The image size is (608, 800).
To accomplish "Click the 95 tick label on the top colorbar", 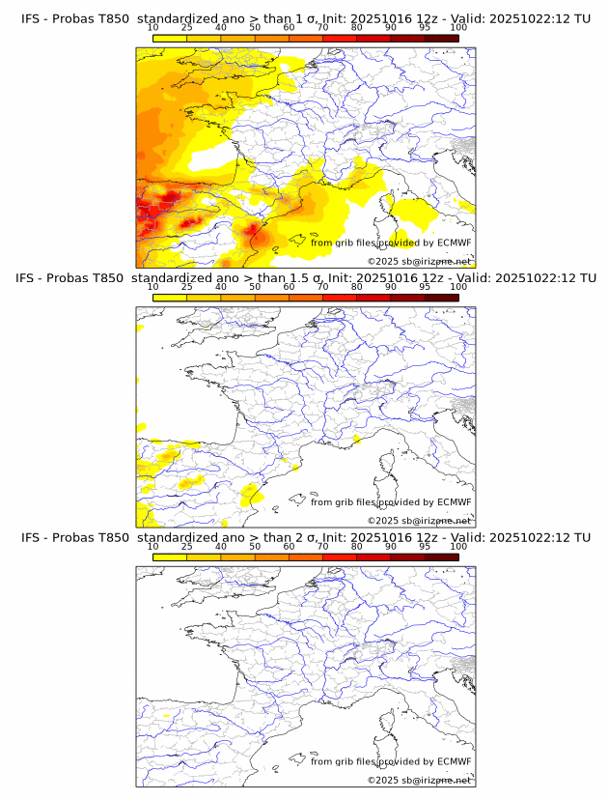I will click(x=425, y=27).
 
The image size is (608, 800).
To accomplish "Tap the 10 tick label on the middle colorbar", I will click(x=153, y=287).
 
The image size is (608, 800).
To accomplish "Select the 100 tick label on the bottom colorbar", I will click(x=458, y=546).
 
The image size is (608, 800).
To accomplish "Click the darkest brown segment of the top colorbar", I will click(x=442, y=38).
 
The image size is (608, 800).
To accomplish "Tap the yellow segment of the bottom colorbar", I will click(x=170, y=557).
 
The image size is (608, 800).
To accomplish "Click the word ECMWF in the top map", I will click(x=455, y=243).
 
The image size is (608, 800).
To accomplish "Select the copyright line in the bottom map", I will click(x=419, y=780).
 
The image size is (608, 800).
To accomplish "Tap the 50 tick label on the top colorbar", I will click(x=255, y=27).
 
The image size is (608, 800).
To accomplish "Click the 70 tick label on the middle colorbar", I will click(x=322, y=287).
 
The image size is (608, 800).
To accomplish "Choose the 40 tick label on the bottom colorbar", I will click(x=221, y=546).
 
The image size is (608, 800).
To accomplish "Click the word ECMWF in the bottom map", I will click(x=455, y=761).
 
